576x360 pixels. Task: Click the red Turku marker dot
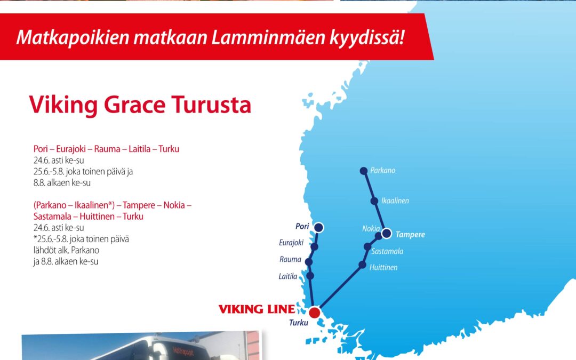[x=315, y=313]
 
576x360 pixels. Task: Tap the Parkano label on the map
[x=383, y=171]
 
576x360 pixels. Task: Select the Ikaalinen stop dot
[x=374, y=201]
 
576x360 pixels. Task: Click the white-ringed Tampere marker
[x=387, y=233]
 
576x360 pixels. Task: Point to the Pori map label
[x=302, y=226]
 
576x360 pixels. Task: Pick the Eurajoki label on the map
[x=291, y=243]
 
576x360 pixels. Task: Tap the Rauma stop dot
[x=309, y=262]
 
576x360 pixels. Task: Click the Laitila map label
[x=288, y=276]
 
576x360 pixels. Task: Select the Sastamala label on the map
[x=387, y=251]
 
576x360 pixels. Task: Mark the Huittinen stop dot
[x=363, y=265]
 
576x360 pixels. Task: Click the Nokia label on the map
[x=371, y=228]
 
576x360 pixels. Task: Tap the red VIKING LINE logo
[x=257, y=309]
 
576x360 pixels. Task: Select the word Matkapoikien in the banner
[x=73, y=37]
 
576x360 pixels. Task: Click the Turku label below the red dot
[x=299, y=323]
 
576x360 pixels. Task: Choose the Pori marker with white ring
[x=319, y=227]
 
